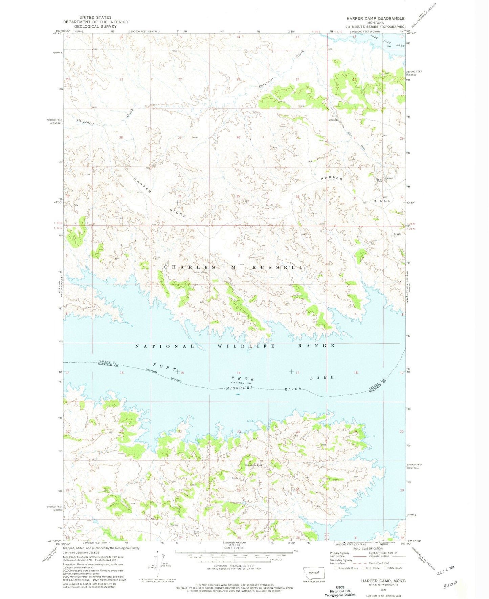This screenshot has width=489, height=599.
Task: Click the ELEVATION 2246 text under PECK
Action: tap(242, 383)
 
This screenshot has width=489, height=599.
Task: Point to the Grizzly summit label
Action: tap(397, 234)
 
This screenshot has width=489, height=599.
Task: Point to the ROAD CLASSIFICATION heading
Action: tap(368, 548)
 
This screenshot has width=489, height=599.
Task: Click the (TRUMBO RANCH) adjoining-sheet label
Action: tap(234, 543)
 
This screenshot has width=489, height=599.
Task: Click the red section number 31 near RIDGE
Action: tap(355, 198)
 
